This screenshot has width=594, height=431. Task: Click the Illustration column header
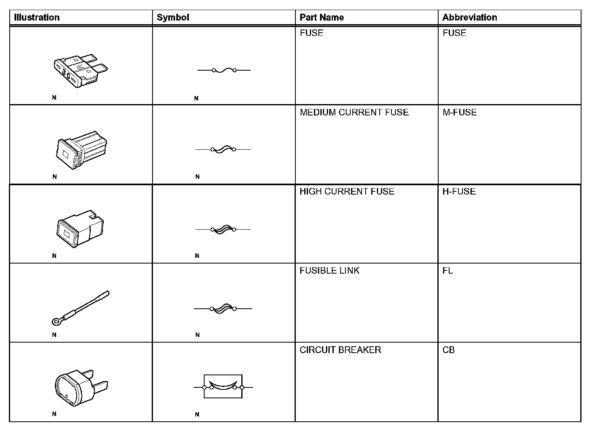pos(37,17)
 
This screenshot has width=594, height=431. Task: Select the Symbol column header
pos(173,17)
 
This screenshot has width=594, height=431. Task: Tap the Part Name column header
pos(322,17)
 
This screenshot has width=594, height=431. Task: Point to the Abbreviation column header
pos(470,17)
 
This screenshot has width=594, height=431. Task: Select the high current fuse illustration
pos(80,228)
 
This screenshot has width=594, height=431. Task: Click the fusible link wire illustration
pos(81,308)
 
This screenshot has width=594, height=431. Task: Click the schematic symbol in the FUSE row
pos(224,70)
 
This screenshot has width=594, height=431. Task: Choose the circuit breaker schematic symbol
pos(223,387)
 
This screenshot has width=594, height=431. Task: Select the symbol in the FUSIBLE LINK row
pos(223,309)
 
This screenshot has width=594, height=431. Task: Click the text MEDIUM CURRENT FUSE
pos(354,112)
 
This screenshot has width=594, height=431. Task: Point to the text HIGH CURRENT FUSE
pos(347,191)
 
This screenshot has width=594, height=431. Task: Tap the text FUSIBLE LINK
pos(329,270)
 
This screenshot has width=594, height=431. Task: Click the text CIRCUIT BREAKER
pos(340,350)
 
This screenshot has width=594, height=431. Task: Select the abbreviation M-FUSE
pos(460,112)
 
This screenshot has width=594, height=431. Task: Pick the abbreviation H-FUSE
pos(459,191)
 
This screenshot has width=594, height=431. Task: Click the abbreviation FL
pos(448,270)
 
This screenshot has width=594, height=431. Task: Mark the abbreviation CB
pos(448,350)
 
